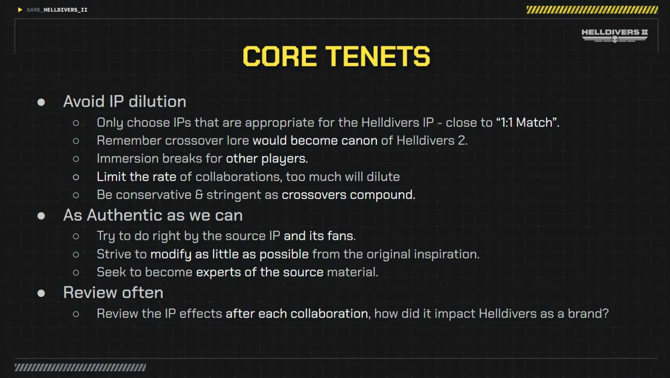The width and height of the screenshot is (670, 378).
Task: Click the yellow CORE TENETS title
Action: tap(336, 56)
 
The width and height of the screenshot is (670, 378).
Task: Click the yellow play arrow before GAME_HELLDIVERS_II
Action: tap(20, 10)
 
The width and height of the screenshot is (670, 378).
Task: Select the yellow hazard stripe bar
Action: tap(592, 10)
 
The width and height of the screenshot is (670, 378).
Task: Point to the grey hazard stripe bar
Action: tap(80, 367)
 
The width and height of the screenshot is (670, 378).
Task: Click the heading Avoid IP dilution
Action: tap(125, 102)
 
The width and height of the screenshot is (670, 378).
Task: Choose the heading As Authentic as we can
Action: tap(153, 215)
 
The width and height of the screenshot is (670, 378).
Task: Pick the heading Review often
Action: tap(113, 292)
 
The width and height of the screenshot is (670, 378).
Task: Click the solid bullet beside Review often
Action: tap(41, 293)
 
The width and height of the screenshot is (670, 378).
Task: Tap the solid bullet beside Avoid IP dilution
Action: tap(41, 102)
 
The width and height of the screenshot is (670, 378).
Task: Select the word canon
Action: tap(359, 140)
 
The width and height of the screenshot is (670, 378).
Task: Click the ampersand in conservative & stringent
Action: tap(199, 194)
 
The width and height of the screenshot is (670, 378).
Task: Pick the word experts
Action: tap(218, 272)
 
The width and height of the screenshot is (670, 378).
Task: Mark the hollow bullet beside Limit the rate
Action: tap(76, 177)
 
